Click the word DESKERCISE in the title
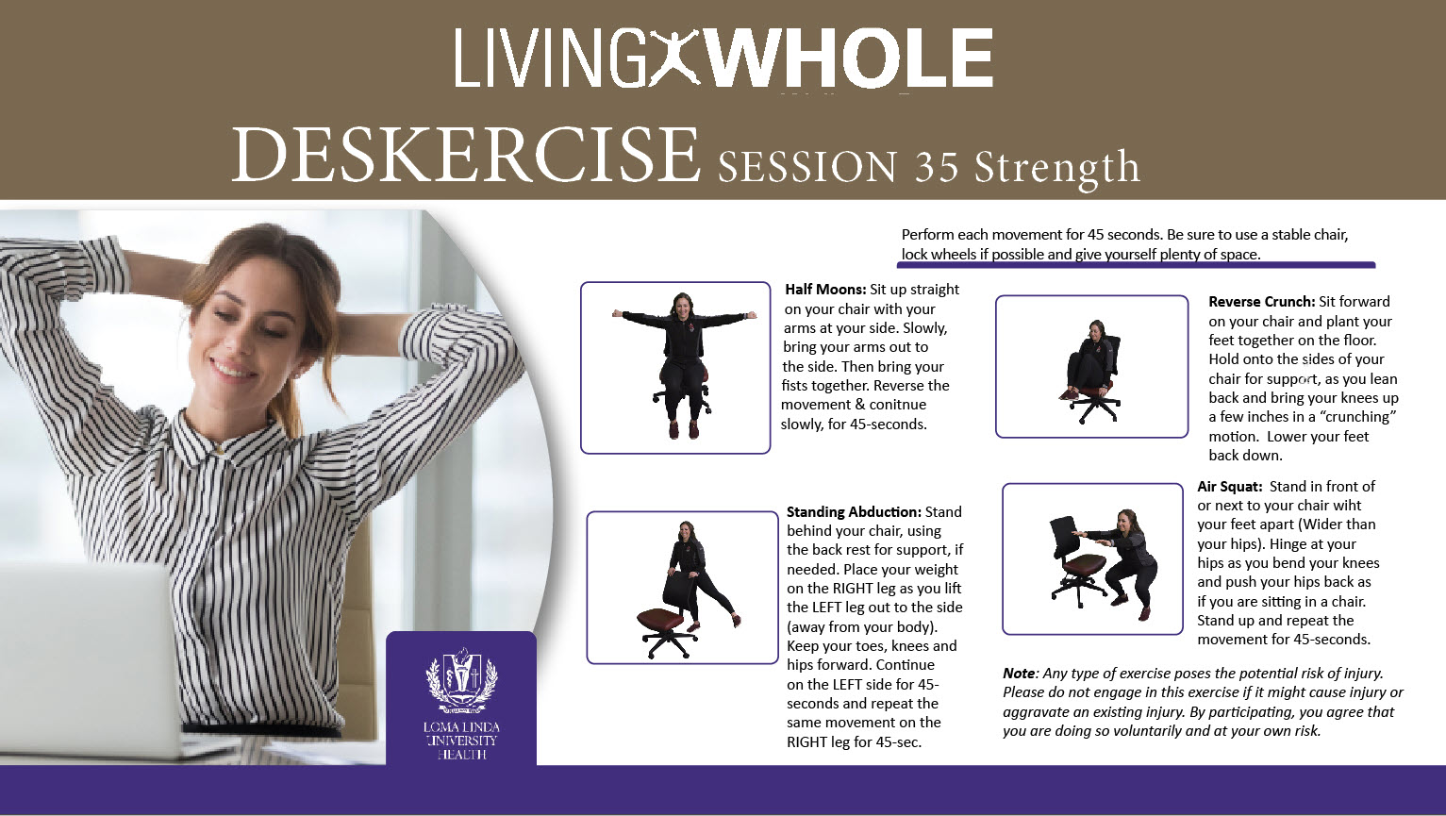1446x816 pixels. [x=465, y=155]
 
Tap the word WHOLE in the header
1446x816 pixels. [x=848, y=58]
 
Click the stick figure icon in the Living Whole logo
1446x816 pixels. [x=673, y=58]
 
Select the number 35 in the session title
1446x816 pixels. [x=936, y=167]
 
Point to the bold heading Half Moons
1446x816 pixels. [x=825, y=290]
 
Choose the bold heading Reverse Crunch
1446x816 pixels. [x=1261, y=302]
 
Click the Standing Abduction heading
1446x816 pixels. [x=854, y=512]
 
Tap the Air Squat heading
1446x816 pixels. [x=1229, y=487]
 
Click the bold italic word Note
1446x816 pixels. [x=1018, y=674]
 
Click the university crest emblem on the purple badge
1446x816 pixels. [x=461, y=680]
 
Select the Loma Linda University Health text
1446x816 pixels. [x=461, y=741]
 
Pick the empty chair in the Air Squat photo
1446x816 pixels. [x=1074, y=561]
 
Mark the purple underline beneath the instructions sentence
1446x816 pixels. [x=1136, y=265]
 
